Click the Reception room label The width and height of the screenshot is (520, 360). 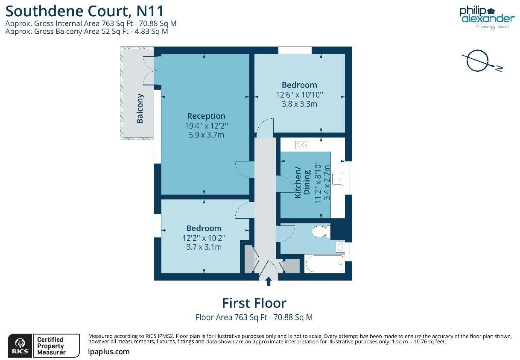pyautogui.click(x=206, y=116)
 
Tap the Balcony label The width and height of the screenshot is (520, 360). pyautogui.click(x=140, y=108)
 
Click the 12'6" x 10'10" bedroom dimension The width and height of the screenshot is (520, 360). pyautogui.click(x=299, y=94)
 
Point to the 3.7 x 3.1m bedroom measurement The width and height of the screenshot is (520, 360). pyautogui.click(x=204, y=247)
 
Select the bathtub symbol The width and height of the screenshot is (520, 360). pyautogui.click(x=324, y=264)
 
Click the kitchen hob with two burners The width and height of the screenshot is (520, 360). pyautogui.click(x=301, y=145)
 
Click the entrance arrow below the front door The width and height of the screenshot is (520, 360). pyautogui.click(x=269, y=281)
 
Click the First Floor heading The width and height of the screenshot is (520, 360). pyautogui.click(x=254, y=303)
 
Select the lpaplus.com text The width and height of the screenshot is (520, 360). pyautogui.click(x=108, y=352)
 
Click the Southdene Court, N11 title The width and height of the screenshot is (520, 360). pyautogui.click(x=85, y=10)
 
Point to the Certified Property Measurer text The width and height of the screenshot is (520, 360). pyautogui.click(x=51, y=346)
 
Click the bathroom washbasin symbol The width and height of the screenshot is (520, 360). pyautogui.click(x=341, y=247)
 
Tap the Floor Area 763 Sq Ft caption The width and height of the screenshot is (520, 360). pyautogui.click(x=254, y=318)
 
